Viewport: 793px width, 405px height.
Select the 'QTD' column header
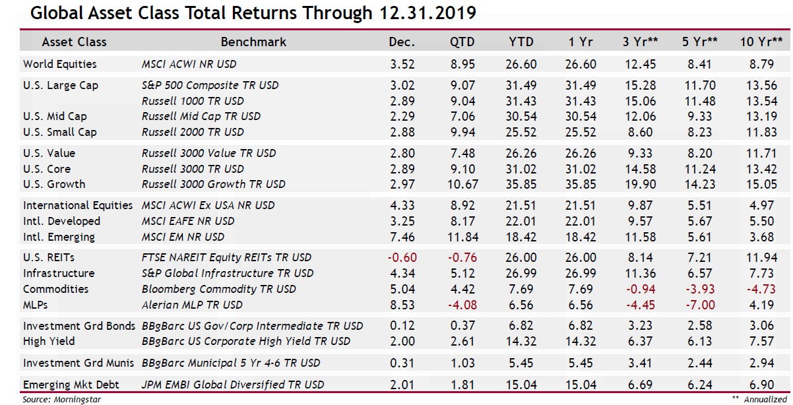461,42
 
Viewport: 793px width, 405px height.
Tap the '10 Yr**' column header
761,42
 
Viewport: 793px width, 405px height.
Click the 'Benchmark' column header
253,42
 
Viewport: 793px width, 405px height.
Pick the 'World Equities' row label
59,64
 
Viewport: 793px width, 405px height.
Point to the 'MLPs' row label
36,305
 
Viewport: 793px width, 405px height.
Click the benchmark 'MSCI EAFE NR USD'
188,221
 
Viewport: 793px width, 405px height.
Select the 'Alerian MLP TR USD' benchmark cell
192,305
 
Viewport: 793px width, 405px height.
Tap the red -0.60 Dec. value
402,257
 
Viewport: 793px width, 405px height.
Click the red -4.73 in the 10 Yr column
761,289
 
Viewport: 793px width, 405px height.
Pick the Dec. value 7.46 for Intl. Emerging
402,237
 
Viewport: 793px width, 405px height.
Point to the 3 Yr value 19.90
640,184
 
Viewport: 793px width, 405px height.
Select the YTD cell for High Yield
522,341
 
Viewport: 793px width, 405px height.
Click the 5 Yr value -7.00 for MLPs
700,305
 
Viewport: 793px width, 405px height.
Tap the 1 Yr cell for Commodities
581,289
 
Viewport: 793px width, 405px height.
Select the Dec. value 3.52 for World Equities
402,64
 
